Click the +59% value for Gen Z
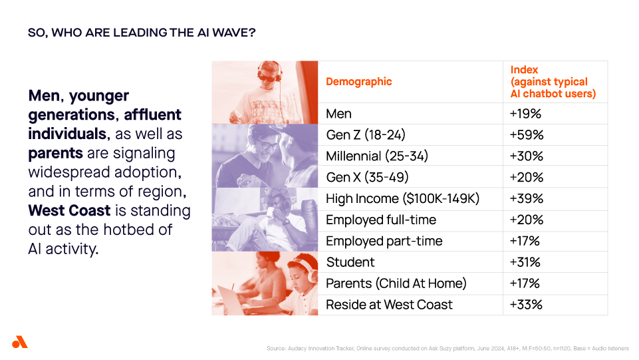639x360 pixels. tap(527, 135)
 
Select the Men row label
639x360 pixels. tap(338, 114)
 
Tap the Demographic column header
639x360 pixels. tap(358, 82)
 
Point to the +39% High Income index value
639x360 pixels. tap(527, 198)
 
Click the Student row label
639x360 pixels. tap(350, 262)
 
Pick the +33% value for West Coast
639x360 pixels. tap(526, 305)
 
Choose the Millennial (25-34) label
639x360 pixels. tap(377, 156)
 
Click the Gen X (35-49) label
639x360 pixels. tap(367, 178)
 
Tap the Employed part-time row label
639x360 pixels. tap(384, 241)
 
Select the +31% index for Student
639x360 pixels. tap(525, 262)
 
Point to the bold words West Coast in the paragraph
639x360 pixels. tap(69, 210)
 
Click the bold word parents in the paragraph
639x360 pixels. tap(55, 154)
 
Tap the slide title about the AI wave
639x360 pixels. tap(142, 33)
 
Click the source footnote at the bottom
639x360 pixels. tap(448, 348)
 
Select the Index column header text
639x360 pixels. tap(553, 82)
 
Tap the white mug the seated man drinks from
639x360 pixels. tap(271, 213)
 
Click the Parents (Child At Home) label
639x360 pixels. tap(396, 283)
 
